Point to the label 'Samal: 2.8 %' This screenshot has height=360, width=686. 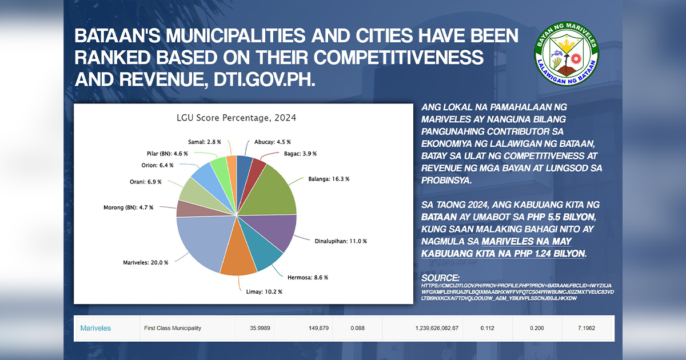pyautogui.click(x=205, y=142)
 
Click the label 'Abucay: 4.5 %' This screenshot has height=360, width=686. pyautogui.click(x=272, y=142)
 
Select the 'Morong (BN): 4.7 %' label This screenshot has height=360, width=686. pyautogui.click(x=129, y=207)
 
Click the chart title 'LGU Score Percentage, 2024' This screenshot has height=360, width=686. pyautogui.click(x=236, y=118)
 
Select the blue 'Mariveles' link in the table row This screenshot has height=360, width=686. pyautogui.click(x=95, y=328)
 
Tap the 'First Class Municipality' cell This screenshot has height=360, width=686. pyautogui.click(x=172, y=328)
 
